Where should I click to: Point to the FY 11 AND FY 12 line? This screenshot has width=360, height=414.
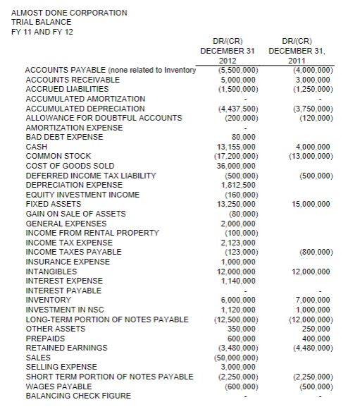(x=41, y=32)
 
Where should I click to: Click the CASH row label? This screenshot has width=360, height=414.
(x=36, y=147)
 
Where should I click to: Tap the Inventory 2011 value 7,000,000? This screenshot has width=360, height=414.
(x=311, y=300)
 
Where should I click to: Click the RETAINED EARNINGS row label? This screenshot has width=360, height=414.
(x=66, y=347)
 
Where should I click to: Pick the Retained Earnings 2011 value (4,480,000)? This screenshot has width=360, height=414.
(x=309, y=347)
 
